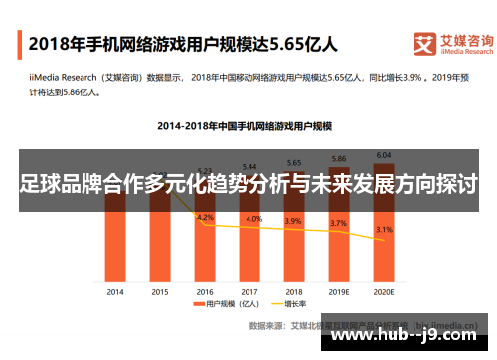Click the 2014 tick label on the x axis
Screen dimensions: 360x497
(115, 293)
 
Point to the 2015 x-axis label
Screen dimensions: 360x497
(160, 293)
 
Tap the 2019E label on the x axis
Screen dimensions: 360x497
(339, 293)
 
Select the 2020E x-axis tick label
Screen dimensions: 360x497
(384, 293)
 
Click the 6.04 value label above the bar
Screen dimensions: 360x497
(384, 154)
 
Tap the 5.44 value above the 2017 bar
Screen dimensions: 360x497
(249, 166)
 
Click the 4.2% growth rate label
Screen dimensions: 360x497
(206, 217)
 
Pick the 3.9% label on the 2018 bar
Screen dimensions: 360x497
(294, 221)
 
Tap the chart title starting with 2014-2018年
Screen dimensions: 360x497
(244, 126)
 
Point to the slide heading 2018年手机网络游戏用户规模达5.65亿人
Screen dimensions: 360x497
(183, 44)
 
